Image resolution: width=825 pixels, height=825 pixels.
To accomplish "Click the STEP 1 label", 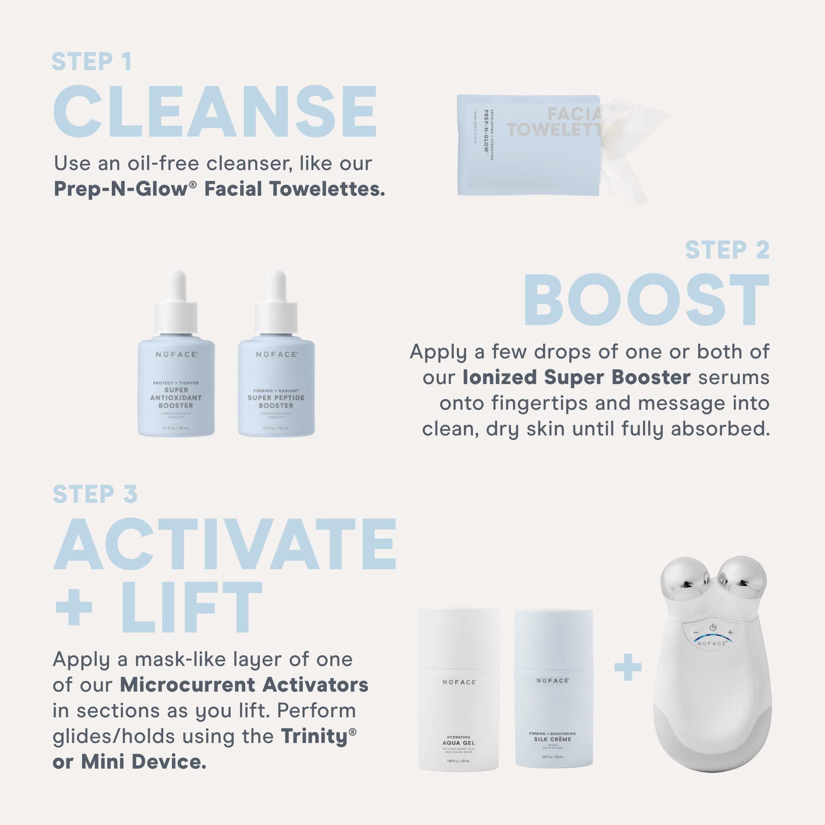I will [92, 62].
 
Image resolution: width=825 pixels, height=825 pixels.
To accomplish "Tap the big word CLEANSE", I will [214, 112].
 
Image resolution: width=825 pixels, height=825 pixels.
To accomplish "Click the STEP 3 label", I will [95, 494].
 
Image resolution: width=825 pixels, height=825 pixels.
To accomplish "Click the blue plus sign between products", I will [628, 668].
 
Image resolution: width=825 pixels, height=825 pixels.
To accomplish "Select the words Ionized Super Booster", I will [576, 377].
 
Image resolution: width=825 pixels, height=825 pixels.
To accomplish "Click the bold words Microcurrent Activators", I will [244, 685].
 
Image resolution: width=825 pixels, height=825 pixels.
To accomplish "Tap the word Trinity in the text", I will [314, 736].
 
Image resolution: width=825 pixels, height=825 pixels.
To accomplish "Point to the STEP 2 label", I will [727, 250].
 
